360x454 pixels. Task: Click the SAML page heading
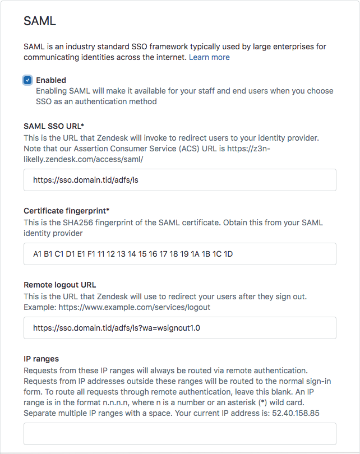click(x=40, y=21)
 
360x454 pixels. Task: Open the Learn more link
click(x=209, y=57)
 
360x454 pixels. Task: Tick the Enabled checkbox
click(x=27, y=80)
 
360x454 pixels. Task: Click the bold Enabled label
click(x=51, y=80)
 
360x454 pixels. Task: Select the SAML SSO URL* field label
click(x=54, y=126)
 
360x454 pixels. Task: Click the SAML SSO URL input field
click(x=179, y=180)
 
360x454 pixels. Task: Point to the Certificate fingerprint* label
click(x=67, y=211)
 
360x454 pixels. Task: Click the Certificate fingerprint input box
click(x=179, y=254)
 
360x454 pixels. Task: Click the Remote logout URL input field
click(x=179, y=328)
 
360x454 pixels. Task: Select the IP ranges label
click(x=41, y=359)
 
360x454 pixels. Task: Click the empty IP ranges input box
click(x=179, y=434)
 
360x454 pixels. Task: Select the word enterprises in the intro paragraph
click(x=266, y=47)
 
